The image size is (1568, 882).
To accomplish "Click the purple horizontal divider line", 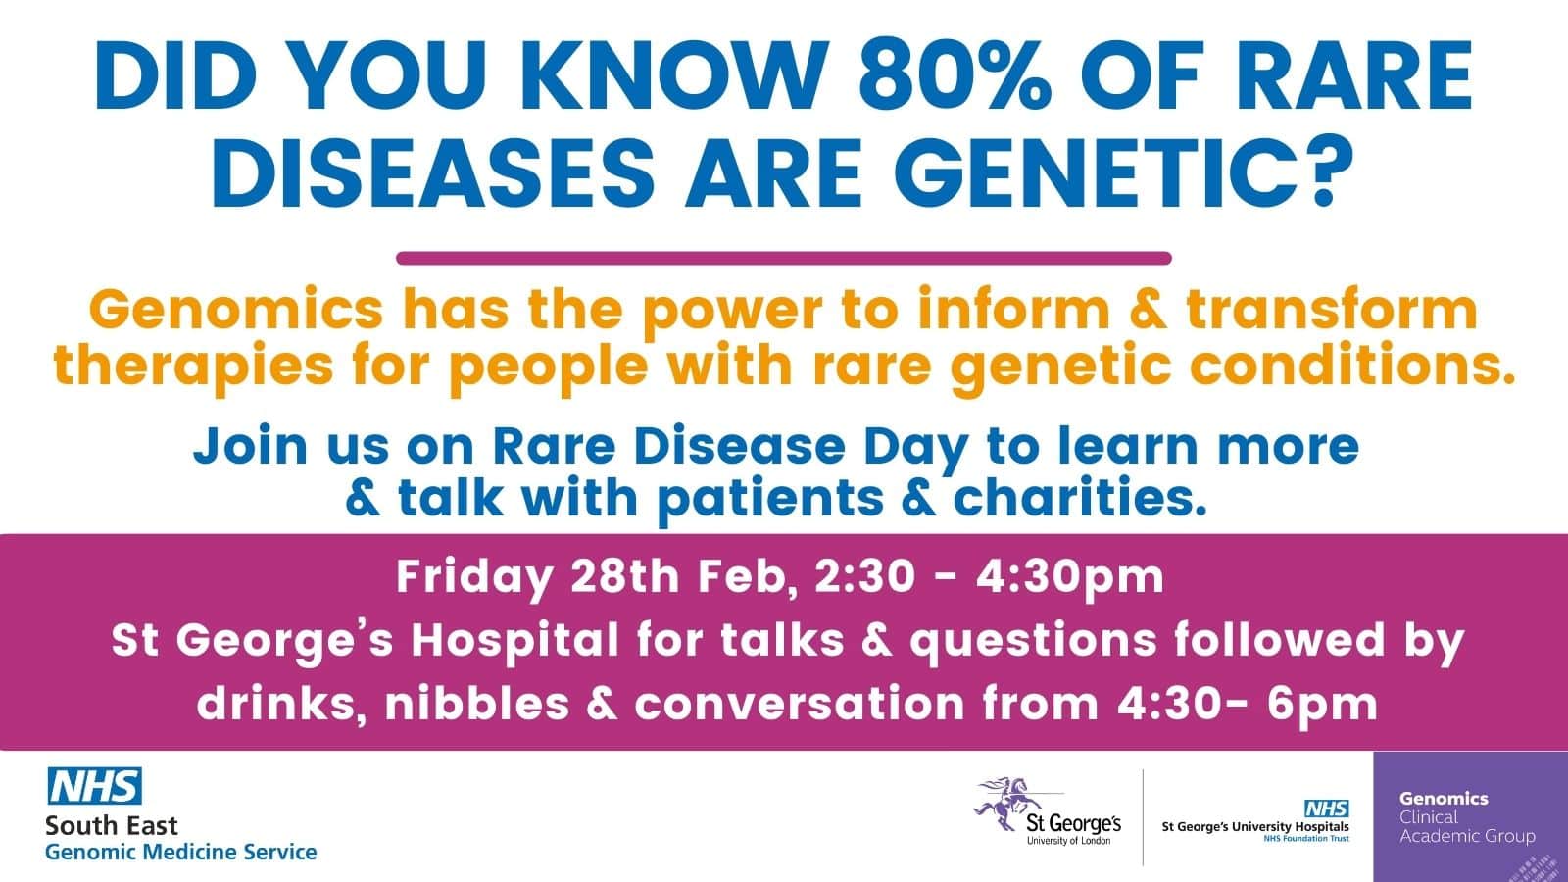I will coord(784,259).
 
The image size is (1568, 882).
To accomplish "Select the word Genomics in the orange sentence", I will coord(235,311).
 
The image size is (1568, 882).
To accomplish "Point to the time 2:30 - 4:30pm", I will coord(990,576).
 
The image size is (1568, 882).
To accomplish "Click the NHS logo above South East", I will coord(94,786).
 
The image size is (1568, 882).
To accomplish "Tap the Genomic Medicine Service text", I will coord(181,852).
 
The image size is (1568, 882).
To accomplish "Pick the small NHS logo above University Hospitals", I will coord(1326,808).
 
